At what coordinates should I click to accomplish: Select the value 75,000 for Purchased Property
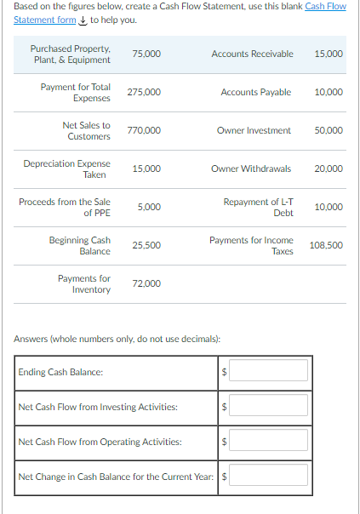[146, 54]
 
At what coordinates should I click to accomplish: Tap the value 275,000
[144, 92]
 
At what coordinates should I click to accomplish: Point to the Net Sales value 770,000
[144, 130]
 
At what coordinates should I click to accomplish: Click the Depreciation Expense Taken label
[67, 168]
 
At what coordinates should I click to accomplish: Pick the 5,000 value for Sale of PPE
[148, 207]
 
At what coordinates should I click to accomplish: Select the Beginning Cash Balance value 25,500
[146, 245]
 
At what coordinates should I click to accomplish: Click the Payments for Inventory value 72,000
[146, 283]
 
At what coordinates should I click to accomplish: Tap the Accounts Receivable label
[252, 54]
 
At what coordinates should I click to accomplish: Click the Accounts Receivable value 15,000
[329, 54]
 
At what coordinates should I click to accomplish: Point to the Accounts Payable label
[255, 92]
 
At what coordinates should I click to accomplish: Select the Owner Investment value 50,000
[329, 130]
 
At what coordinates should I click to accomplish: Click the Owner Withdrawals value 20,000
[329, 168]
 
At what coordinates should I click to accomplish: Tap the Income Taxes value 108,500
[326, 245]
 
